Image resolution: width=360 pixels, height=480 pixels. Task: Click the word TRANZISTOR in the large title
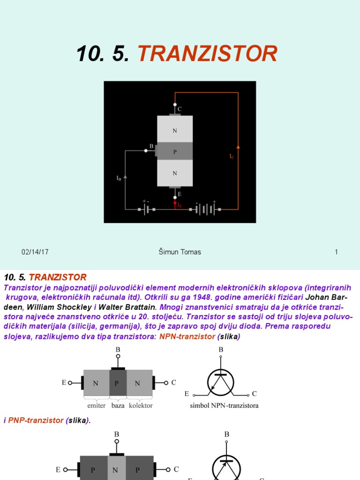(x=207, y=54)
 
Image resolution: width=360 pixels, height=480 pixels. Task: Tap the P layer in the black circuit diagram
(x=175, y=151)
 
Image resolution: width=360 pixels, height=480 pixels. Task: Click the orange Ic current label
(x=232, y=157)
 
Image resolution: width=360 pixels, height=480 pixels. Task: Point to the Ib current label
(x=119, y=178)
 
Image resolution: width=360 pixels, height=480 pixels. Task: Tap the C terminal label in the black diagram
(x=180, y=109)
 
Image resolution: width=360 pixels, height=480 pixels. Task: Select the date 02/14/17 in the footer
(x=35, y=252)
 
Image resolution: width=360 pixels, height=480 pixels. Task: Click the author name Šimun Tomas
(x=180, y=252)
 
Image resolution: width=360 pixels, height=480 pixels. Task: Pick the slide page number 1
(x=336, y=252)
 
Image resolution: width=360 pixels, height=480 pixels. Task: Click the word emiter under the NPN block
(x=97, y=405)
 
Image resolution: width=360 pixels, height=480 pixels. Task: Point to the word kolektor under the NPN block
(x=141, y=405)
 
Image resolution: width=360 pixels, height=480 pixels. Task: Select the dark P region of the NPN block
(x=118, y=383)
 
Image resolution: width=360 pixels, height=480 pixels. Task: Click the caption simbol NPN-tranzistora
(x=224, y=405)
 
